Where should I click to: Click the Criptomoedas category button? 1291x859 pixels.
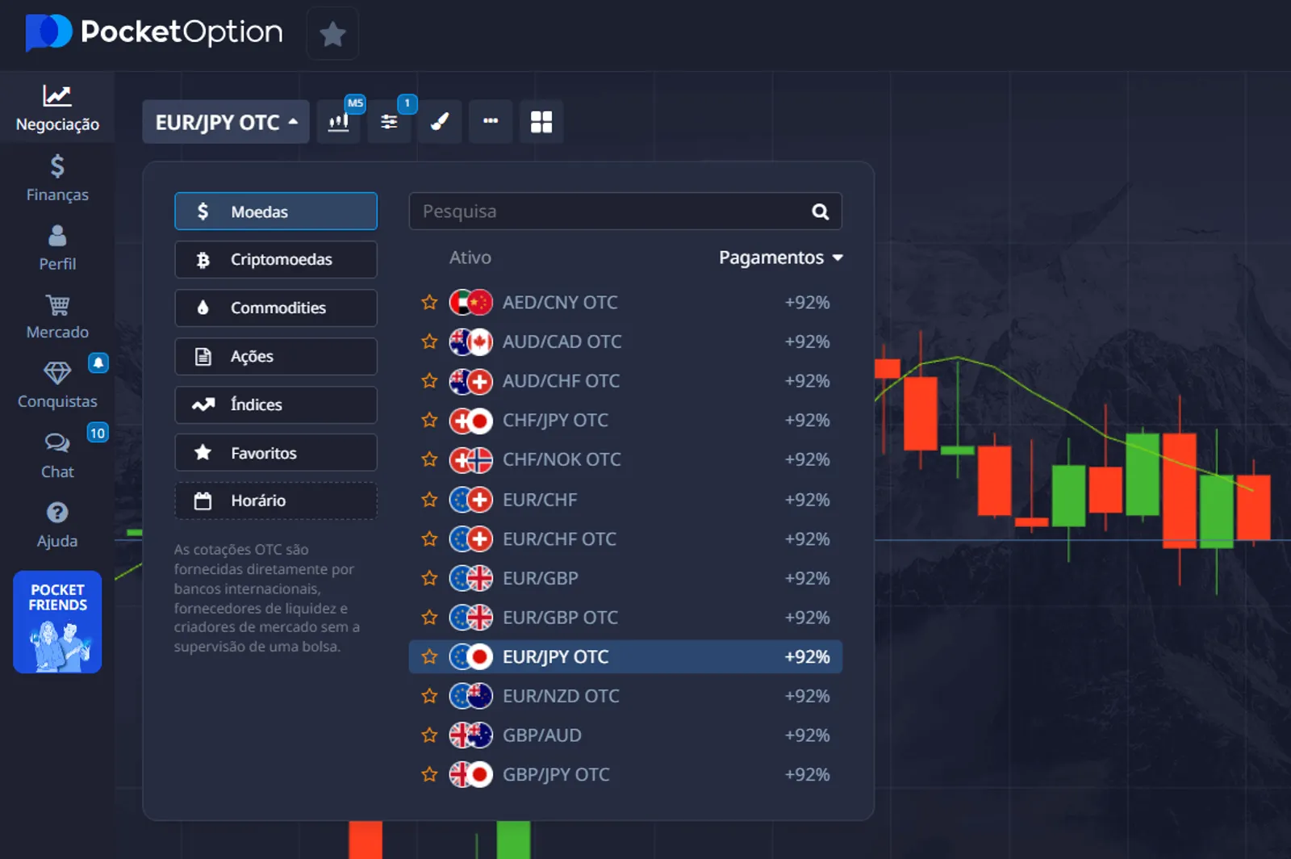(275, 259)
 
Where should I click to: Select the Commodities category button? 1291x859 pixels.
(275, 308)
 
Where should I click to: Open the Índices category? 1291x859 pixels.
(275, 404)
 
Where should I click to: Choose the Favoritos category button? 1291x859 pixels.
(275, 453)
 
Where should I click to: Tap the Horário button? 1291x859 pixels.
(275, 501)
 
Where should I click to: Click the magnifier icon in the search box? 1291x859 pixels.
(820, 212)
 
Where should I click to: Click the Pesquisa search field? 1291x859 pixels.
(605, 212)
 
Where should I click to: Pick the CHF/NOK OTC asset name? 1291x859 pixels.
(562, 459)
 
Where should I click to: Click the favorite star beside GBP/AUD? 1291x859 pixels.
(429, 735)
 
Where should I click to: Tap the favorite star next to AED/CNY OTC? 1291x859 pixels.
(429, 303)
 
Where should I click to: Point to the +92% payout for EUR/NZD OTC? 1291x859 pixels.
(807, 696)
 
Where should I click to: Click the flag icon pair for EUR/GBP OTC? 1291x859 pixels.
(470, 618)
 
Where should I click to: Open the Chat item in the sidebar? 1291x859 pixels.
(57, 455)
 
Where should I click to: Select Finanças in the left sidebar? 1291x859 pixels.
(57, 178)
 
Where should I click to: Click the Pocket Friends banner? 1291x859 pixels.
(57, 622)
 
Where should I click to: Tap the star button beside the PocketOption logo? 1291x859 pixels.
(332, 34)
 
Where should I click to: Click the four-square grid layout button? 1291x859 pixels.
(541, 122)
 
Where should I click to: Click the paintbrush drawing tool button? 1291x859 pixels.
(439, 122)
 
